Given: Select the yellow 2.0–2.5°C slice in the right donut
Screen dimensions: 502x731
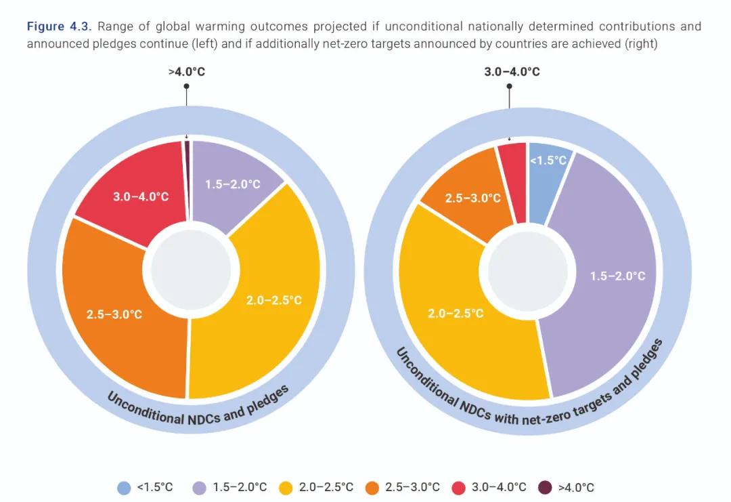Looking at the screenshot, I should coord(460,318).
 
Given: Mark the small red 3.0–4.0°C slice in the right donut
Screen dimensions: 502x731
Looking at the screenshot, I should coord(512,180).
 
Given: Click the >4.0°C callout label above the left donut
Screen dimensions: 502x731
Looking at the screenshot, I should coord(185,71).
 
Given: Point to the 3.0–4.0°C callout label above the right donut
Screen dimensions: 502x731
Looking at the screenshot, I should coord(512,71).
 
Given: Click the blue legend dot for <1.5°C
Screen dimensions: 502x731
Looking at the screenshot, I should coord(124,487).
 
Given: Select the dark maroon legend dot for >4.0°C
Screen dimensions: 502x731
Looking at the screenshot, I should coord(545,487).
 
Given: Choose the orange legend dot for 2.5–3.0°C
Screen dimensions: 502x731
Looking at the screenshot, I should coord(372,487).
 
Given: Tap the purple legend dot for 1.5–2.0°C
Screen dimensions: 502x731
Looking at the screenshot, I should coord(200,487).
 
